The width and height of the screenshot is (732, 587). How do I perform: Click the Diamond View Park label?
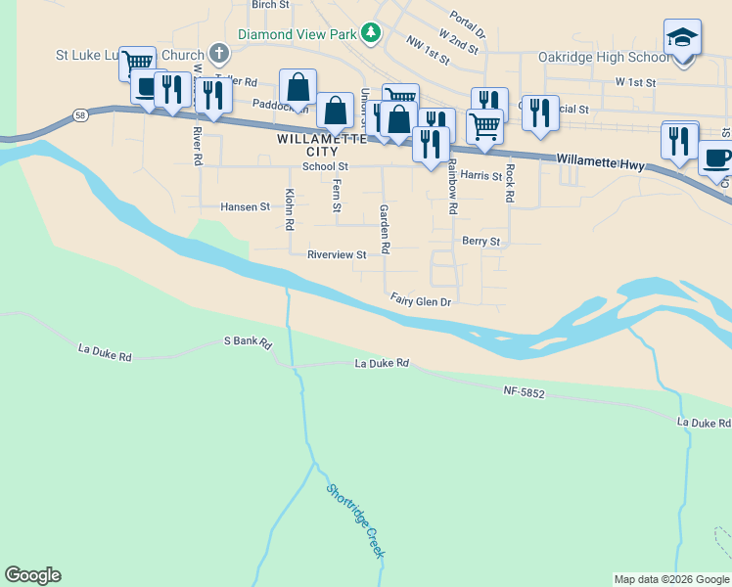(297, 33)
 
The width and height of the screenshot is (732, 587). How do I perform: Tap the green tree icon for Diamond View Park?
(370, 33)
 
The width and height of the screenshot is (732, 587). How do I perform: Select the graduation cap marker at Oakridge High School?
(682, 38)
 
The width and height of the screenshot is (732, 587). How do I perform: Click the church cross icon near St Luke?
(219, 54)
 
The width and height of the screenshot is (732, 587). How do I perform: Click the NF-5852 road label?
(524, 392)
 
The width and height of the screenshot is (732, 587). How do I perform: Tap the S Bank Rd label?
(247, 341)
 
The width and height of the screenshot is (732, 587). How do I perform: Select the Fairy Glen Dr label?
(420, 301)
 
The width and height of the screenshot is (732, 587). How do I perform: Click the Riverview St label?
(336, 254)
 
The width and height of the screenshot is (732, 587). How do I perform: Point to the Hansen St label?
(245, 207)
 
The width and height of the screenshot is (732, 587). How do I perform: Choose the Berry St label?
(480, 241)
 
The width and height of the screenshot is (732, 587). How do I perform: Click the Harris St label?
(480, 176)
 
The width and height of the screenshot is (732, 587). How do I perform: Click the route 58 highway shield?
(79, 116)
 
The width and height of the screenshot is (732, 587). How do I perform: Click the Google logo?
(32, 575)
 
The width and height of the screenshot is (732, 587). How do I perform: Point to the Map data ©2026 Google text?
(670, 579)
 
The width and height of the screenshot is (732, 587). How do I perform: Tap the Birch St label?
(270, 5)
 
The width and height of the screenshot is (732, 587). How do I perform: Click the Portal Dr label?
(468, 19)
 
